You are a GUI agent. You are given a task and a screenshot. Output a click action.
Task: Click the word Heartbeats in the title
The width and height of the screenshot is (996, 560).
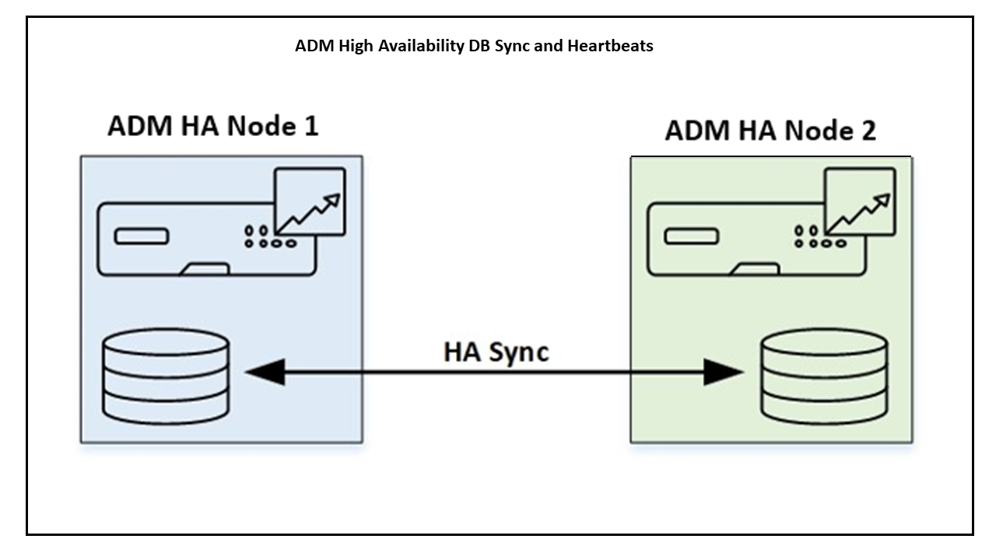(611, 46)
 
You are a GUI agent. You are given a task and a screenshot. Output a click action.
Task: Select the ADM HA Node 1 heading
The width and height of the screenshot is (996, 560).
(212, 127)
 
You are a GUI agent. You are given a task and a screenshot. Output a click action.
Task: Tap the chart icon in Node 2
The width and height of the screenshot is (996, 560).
(859, 201)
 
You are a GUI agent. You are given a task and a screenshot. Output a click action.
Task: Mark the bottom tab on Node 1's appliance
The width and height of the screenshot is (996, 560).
(204, 269)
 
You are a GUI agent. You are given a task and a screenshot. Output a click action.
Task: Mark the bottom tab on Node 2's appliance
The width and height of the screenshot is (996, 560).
(754, 269)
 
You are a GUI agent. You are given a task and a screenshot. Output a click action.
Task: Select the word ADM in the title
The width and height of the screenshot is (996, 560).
(310, 46)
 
